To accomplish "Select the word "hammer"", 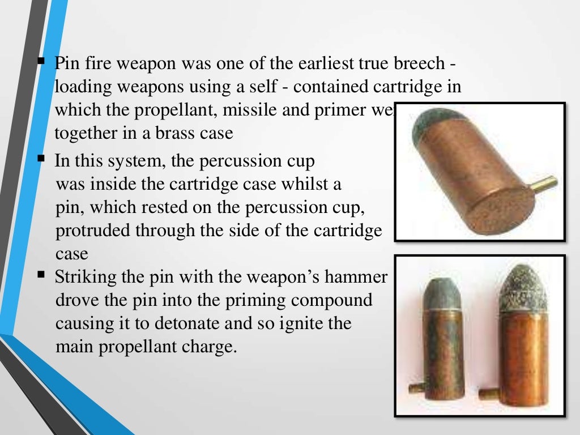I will pos(363,278).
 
